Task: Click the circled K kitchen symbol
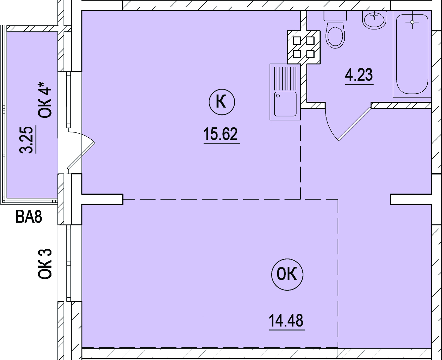tap(222, 102)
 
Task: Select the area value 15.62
tap(220, 134)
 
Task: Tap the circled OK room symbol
tap(287, 274)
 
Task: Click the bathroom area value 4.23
tap(359, 75)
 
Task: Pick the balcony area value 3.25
tap(26, 140)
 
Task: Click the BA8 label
tap(29, 217)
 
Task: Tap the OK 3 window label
tap(45, 264)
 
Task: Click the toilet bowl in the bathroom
tap(335, 35)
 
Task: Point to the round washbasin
tap(374, 20)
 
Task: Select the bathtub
tap(412, 54)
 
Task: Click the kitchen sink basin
tap(285, 104)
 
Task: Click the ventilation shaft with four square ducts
tap(304, 47)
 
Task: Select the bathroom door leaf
tap(355, 124)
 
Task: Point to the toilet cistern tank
tap(335, 16)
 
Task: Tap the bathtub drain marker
tap(412, 22)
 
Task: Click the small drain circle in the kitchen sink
tap(278, 96)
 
